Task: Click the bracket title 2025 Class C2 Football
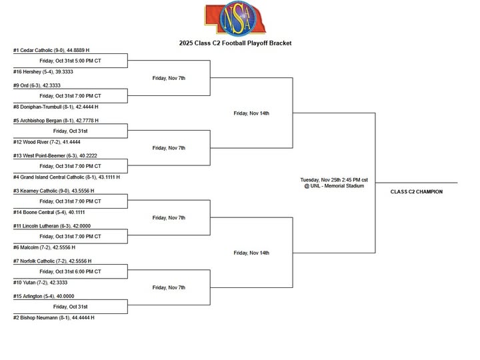(x=235, y=43)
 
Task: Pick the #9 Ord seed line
(x=37, y=85)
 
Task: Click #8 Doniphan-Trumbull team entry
(x=56, y=107)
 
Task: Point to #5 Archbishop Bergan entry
(x=56, y=121)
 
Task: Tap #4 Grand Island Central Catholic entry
(x=66, y=177)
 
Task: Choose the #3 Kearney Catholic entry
(x=54, y=191)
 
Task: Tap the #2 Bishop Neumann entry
(x=53, y=318)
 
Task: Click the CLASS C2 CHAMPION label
(x=416, y=192)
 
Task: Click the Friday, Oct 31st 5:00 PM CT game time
(x=70, y=61)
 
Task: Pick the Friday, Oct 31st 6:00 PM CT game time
(x=70, y=271)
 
